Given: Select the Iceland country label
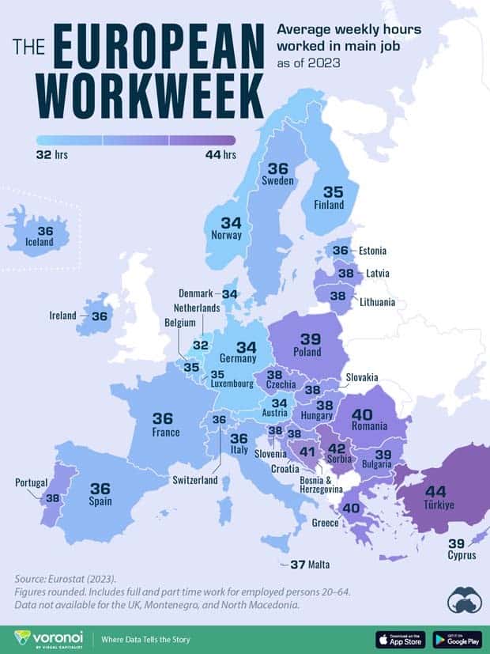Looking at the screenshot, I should click(x=40, y=241).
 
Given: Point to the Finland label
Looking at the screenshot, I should click(x=330, y=205).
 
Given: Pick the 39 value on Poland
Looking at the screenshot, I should click(x=311, y=338).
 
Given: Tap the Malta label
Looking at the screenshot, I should click(x=319, y=565).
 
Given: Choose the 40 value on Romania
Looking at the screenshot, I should click(x=361, y=414).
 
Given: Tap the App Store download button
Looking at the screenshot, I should click(x=400, y=639).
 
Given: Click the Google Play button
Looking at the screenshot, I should click(x=458, y=639).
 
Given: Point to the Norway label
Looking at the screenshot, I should click(x=226, y=235).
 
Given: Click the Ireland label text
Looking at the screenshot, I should click(x=64, y=316).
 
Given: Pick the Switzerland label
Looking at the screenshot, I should click(x=194, y=480).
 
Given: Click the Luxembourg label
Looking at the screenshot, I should click(x=231, y=384).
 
